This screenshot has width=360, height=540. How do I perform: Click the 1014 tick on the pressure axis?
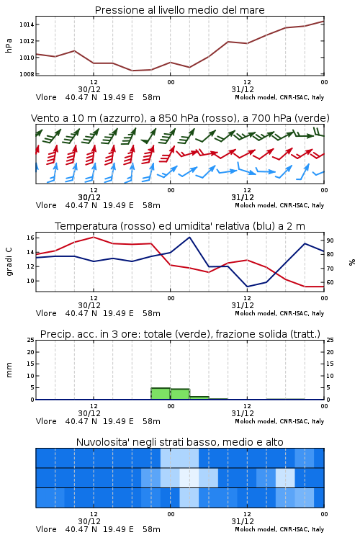(27, 24)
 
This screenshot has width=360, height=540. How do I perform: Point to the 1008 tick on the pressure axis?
(27, 74)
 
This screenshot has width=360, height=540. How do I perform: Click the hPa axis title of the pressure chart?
(9, 45)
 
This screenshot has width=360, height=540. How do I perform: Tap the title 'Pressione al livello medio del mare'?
(180, 10)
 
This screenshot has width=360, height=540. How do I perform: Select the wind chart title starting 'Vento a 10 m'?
(180, 118)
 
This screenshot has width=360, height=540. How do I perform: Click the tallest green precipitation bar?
(161, 394)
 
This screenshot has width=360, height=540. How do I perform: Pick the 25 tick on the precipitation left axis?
(31, 340)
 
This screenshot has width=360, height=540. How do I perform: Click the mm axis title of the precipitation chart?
(9, 370)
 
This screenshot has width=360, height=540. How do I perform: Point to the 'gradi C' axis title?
(9, 262)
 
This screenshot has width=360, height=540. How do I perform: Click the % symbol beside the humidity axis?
(352, 262)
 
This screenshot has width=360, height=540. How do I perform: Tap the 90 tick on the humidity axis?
(330, 240)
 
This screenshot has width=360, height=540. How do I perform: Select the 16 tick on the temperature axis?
(30, 238)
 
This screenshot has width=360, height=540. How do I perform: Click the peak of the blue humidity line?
(189, 238)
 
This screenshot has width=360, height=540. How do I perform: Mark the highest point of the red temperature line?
(94, 237)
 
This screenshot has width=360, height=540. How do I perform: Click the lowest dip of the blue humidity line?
(247, 287)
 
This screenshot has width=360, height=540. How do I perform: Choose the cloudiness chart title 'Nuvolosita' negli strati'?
(180, 442)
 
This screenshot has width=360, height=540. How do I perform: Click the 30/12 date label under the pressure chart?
(89, 89)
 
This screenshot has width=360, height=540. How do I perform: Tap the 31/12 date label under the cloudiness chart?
(243, 521)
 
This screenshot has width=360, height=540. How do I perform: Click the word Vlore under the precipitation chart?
(46, 421)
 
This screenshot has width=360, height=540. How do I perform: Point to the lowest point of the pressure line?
(132, 71)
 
